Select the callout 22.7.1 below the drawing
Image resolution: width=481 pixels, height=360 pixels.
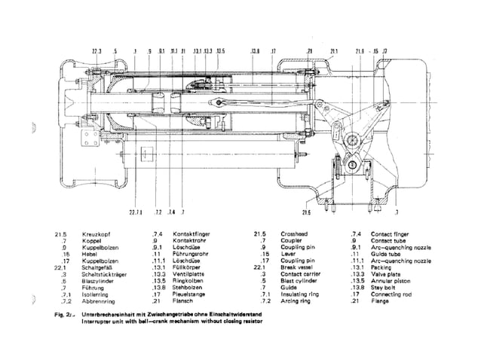pyautogui.click(x=136, y=213)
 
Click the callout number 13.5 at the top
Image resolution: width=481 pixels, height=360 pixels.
pyautogui.click(x=220, y=51)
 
